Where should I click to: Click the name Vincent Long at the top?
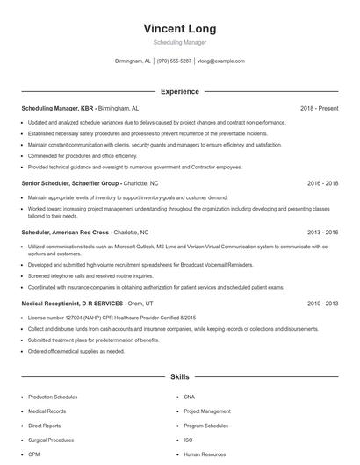(179, 29)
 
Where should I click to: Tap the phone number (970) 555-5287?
(174, 61)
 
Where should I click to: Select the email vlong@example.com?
(220, 61)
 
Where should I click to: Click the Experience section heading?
(179, 91)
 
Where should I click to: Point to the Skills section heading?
(179, 376)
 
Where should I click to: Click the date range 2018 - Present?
(319, 108)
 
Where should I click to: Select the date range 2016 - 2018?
(322, 184)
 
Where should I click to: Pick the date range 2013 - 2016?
(322, 232)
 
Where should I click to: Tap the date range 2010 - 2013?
(322, 303)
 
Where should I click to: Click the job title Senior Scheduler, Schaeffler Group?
(70, 184)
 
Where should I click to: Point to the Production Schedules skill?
(53, 397)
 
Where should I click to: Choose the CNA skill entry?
(189, 397)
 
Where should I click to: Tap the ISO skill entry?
(188, 440)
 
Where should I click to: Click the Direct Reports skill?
(44, 426)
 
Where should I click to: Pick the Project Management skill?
(207, 411)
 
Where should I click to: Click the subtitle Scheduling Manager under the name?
(179, 42)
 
